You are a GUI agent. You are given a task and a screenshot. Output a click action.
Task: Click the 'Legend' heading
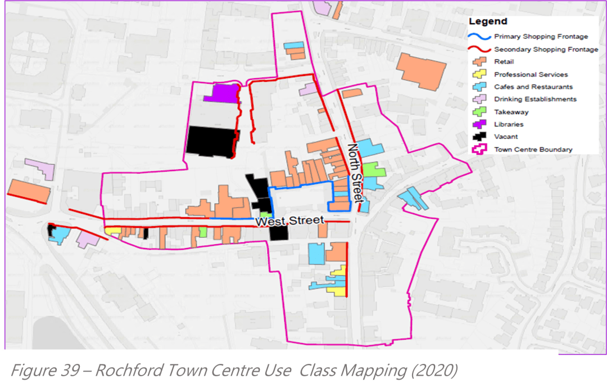(488, 22)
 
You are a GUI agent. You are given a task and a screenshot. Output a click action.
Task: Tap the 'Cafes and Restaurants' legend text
(533, 87)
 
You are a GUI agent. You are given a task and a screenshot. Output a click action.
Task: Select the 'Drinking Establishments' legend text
(535, 100)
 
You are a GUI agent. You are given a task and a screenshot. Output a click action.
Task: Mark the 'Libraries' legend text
(509, 124)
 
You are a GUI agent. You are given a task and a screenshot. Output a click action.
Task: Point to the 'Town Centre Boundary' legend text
(533, 150)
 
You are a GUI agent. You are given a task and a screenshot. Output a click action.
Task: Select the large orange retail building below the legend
(422, 70)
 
